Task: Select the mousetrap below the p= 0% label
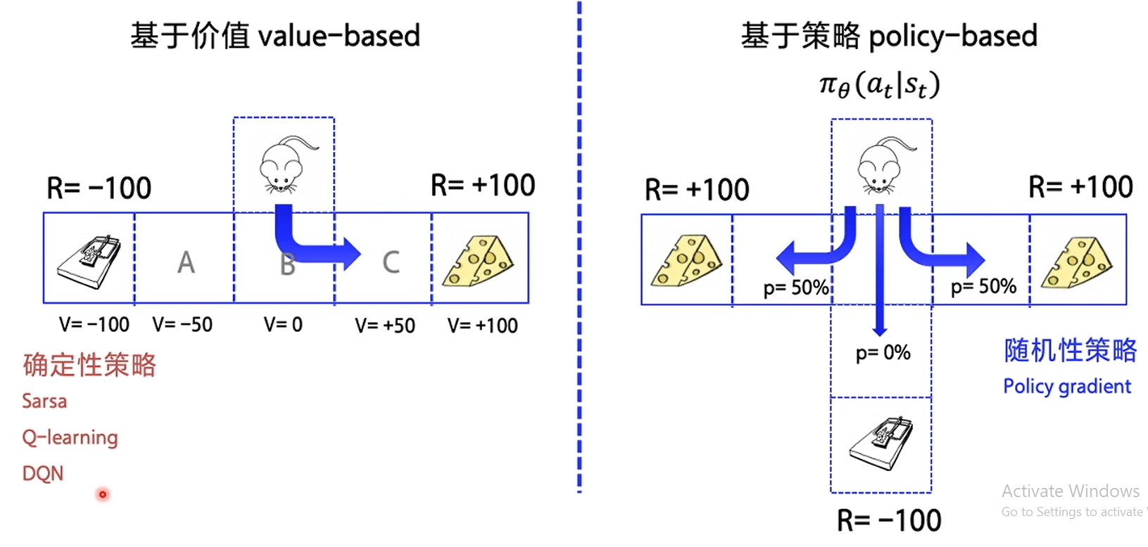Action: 881,443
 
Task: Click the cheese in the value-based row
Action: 479,261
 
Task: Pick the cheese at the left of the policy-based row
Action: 686,261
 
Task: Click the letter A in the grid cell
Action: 185,262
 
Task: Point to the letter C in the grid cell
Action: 391,262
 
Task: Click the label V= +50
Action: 385,326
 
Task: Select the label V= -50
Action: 182,324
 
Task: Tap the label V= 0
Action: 283,324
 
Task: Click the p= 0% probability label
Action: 883,352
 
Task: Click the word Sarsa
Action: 44,401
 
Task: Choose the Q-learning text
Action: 70,437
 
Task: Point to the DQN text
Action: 43,473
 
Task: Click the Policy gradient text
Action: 1066,386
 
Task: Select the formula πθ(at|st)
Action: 880,85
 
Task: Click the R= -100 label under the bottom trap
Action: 888,521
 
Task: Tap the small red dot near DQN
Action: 103,494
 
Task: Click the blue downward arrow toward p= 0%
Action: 879,281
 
